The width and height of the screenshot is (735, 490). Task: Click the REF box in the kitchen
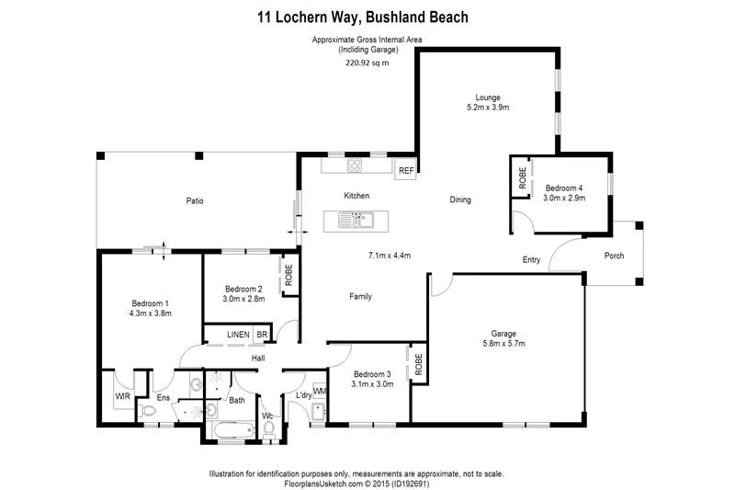(x=405, y=170)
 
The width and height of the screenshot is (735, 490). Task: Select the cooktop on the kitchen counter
(x=353, y=166)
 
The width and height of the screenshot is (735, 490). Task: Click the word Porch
(x=613, y=255)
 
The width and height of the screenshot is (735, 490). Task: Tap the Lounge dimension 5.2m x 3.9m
(x=487, y=108)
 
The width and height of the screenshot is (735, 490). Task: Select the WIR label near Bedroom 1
(x=121, y=395)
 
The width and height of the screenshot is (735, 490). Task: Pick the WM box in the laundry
(x=320, y=391)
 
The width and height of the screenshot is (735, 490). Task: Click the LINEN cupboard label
(x=239, y=335)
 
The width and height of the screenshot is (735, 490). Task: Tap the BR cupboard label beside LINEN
(x=262, y=335)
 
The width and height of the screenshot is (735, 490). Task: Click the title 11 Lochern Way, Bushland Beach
(x=367, y=17)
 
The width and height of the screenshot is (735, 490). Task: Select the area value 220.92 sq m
(x=367, y=63)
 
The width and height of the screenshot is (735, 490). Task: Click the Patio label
(x=194, y=200)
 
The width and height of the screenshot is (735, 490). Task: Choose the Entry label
(x=531, y=260)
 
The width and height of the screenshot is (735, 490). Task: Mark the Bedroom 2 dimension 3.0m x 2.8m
(x=243, y=298)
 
